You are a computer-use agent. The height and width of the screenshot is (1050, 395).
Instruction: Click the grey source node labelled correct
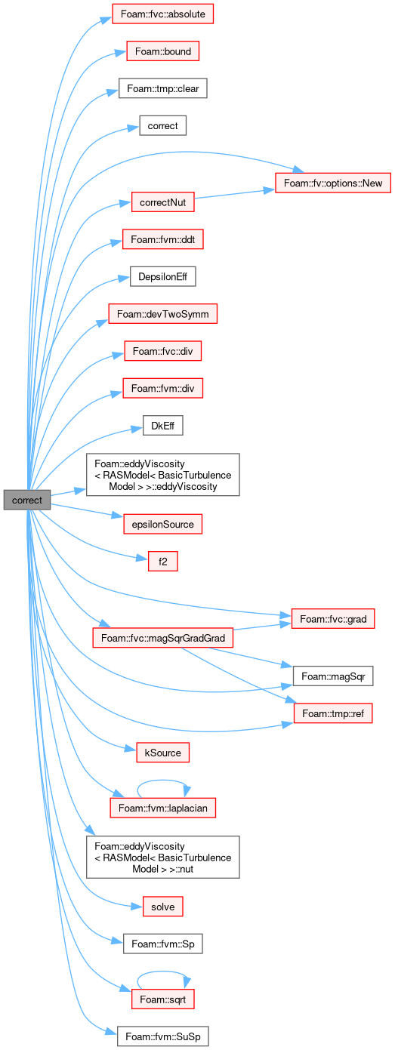coord(26,500)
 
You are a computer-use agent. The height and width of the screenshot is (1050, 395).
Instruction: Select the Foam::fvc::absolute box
coord(163,14)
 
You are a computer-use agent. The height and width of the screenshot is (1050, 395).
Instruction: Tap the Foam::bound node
coord(163,51)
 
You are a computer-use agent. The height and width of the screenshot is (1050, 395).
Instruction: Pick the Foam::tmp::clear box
coord(163,88)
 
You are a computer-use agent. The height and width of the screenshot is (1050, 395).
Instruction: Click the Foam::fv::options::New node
coord(332,183)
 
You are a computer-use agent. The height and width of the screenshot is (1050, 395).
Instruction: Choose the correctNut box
coord(163,202)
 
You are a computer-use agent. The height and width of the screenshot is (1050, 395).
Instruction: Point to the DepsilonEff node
coord(163,276)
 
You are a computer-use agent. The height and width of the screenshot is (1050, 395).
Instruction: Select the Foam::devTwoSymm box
coord(163,313)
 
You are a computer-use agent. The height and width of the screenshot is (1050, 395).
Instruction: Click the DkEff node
coord(163,426)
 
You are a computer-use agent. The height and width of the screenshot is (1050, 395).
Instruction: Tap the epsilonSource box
coord(163,524)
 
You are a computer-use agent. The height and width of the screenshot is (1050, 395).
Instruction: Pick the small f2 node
coord(163,561)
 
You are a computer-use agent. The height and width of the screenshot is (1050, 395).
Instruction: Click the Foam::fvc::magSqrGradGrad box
coord(163,638)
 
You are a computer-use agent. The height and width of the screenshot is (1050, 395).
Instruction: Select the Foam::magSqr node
coord(333,676)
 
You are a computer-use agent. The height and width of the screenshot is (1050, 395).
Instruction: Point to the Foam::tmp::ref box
coord(333,713)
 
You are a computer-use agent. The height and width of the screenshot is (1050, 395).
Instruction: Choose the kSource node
coord(163,753)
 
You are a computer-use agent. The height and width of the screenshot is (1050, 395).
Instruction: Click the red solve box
coord(163,907)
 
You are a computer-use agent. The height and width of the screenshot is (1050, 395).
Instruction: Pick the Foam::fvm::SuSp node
coord(163,1036)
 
